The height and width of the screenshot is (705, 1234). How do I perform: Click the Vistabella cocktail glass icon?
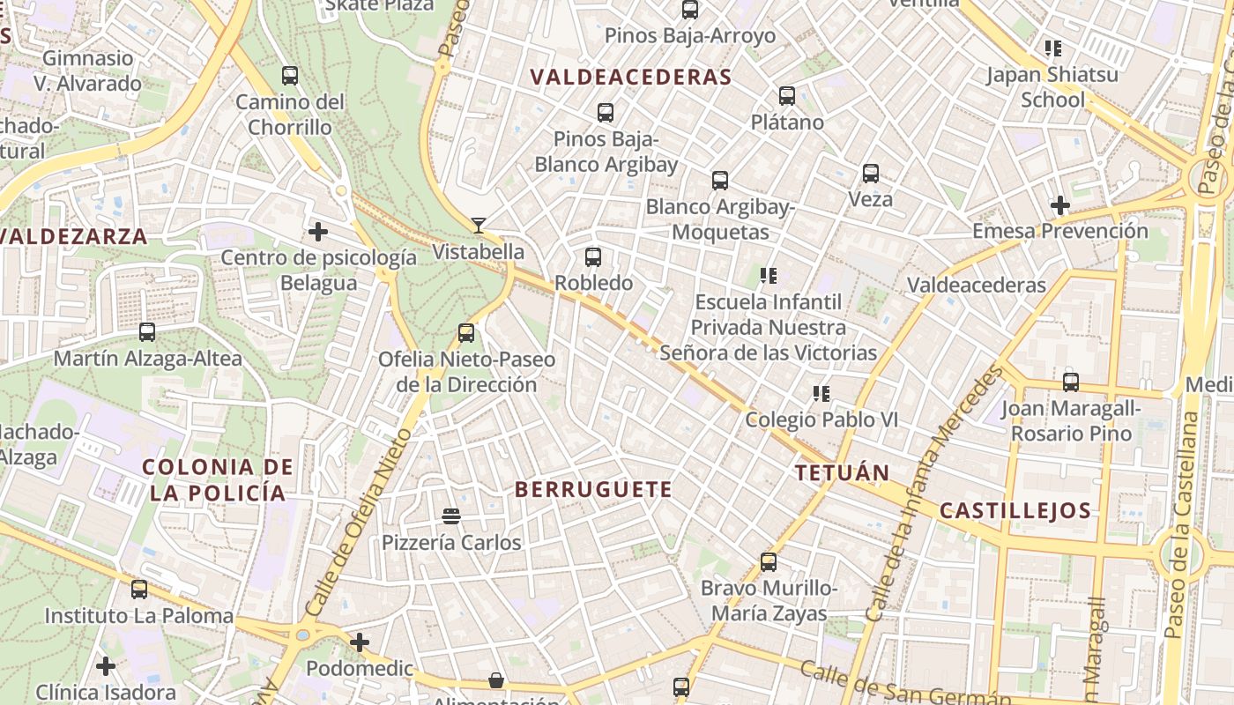[478, 226]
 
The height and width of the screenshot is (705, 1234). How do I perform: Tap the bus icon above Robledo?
[593, 257]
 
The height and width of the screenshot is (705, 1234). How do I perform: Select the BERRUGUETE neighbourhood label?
[593, 489]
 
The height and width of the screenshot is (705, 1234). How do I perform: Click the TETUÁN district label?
[843, 472]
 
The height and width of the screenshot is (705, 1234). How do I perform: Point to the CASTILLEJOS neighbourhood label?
[1015, 510]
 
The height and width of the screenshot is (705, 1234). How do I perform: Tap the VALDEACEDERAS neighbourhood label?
[631, 77]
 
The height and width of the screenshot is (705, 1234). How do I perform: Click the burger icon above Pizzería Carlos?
[451, 516]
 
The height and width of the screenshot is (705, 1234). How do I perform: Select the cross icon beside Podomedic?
[360, 642]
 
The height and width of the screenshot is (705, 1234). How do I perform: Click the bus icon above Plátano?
[787, 96]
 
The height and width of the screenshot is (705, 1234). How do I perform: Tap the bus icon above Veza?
[871, 173]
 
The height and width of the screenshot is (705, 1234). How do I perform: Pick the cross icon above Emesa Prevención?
[1060, 205]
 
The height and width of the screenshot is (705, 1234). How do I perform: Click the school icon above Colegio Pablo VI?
[821, 394]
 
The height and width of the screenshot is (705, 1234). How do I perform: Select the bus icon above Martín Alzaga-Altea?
[147, 332]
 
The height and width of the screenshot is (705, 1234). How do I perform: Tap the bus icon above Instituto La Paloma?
[139, 589]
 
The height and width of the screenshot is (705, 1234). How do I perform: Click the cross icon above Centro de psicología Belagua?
[318, 232]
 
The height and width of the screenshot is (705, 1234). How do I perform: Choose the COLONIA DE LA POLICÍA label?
[218, 479]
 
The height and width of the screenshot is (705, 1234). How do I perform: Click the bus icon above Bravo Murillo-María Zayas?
[769, 561]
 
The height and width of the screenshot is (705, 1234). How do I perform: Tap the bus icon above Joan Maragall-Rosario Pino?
[1071, 382]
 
